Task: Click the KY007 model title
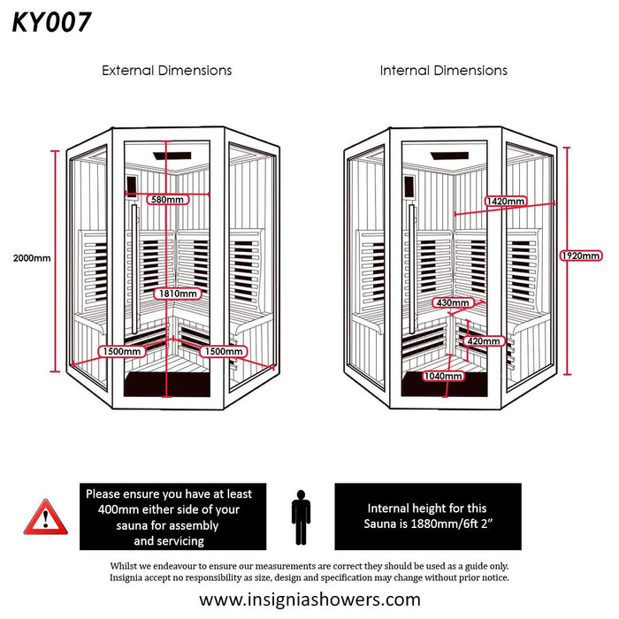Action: (x=51, y=23)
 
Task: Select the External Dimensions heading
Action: (x=166, y=70)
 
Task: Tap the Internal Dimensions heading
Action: (x=443, y=70)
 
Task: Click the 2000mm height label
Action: (x=33, y=258)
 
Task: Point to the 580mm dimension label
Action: (x=168, y=199)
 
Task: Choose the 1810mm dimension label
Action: (x=177, y=293)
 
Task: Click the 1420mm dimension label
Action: (x=505, y=202)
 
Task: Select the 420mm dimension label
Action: (x=484, y=340)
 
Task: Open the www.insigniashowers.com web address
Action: (x=309, y=599)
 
